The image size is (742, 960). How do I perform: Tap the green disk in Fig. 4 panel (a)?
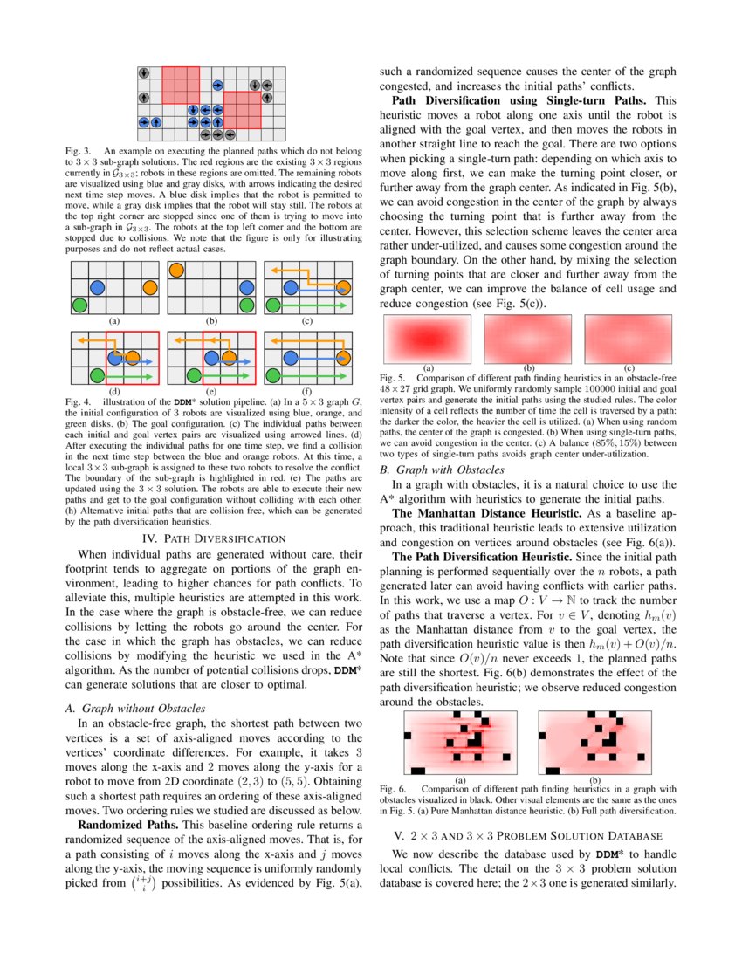(79, 305)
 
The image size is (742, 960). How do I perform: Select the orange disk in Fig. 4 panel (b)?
(176, 270)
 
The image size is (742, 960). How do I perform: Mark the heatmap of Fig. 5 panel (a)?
(428, 339)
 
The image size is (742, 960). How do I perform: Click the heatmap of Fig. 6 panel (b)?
(594, 743)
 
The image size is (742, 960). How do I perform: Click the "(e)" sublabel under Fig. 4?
(210, 392)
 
